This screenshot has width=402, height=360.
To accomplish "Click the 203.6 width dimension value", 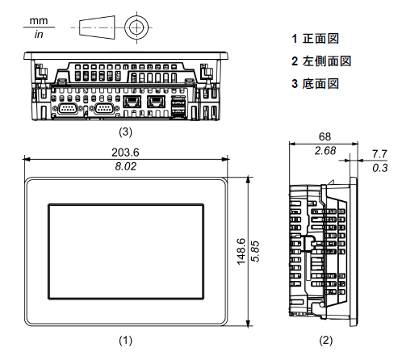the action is [x=125, y=153].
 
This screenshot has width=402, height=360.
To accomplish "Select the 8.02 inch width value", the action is [x=126, y=166].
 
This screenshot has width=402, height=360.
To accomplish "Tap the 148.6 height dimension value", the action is [x=241, y=251].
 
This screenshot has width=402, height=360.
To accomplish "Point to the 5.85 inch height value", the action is [x=255, y=251].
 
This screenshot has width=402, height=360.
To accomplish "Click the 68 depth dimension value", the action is [x=325, y=136].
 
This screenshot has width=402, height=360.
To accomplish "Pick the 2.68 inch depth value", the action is [x=325, y=151].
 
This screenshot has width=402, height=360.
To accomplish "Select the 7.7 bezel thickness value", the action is [x=379, y=154].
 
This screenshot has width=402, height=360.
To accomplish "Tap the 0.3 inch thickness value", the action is [x=380, y=168].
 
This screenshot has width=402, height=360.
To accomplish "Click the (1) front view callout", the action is [x=125, y=341].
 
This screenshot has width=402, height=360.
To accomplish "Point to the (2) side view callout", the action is [x=326, y=341].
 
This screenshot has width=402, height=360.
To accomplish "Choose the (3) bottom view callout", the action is [x=125, y=132].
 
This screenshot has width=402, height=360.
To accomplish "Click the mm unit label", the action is [x=39, y=21].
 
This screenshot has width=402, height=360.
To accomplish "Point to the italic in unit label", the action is [x=39, y=34].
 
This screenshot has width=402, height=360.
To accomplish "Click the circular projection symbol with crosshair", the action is [x=137, y=27].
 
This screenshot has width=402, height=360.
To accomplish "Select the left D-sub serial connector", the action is [x=68, y=109].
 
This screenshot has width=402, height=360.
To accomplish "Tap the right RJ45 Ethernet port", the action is [x=156, y=102].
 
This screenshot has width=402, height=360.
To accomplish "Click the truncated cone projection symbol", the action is [x=97, y=27].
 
